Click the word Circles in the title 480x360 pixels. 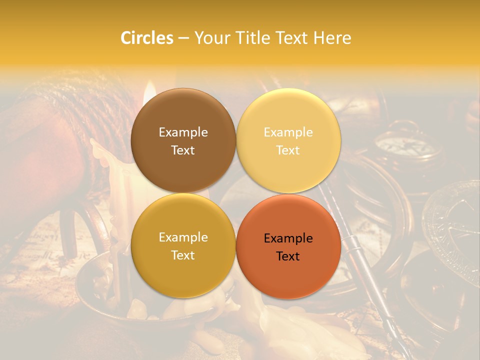[x=146, y=38]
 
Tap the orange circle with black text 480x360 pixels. [x=288, y=247]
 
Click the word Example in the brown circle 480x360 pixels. [x=183, y=132]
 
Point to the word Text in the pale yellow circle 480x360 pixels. [x=288, y=150]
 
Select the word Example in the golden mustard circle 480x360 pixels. [x=183, y=237]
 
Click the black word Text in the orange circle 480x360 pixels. [x=288, y=256]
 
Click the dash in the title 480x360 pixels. [x=183, y=38]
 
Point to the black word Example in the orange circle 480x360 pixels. [x=288, y=238]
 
